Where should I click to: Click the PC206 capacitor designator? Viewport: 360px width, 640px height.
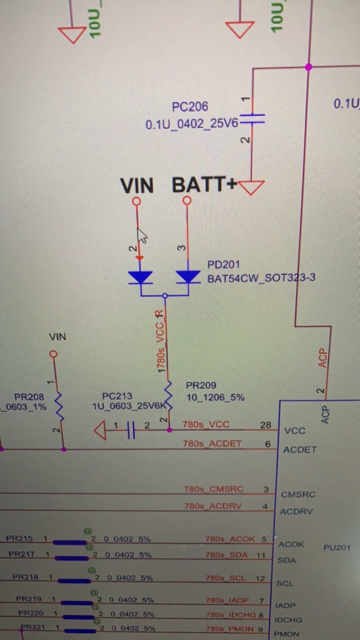pyautogui.click(x=189, y=106)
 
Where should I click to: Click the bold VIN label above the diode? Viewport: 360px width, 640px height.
pyautogui.click(x=136, y=186)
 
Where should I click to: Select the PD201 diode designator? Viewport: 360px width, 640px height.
pyautogui.click(x=223, y=264)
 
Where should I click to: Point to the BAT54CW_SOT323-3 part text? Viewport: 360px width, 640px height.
pyautogui.click(x=261, y=277)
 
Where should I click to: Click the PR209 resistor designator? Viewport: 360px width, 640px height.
pyautogui.click(x=201, y=385)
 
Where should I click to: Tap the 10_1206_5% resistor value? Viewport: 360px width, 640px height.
pyautogui.click(x=215, y=397)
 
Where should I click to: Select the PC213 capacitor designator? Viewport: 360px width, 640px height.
pyautogui.click(x=117, y=396)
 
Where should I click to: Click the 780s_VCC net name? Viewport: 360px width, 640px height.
pyautogui.click(x=205, y=424)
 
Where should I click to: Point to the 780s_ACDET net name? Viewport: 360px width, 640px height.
pyautogui.click(x=212, y=443)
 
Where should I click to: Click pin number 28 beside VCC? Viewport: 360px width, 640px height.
pyautogui.click(x=265, y=425)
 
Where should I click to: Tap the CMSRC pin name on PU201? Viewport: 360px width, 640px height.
pyautogui.click(x=298, y=494)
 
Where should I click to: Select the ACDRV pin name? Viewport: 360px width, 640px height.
pyautogui.click(x=297, y=511)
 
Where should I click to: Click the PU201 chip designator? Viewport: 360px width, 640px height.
pyautogui.click(x=336, y=547)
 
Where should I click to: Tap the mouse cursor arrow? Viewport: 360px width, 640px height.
pyautogui.click(x=142, y=235)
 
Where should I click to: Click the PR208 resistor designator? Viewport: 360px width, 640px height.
pyautogui.click(x=29, y=397)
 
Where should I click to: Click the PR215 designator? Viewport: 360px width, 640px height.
pyautogui.click(x=19, y=538)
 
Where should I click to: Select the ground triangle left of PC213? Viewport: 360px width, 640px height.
pyautogui.click(x=100, y=430)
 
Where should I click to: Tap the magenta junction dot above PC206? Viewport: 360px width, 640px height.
pyautogui.click(x=308, y=67)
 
